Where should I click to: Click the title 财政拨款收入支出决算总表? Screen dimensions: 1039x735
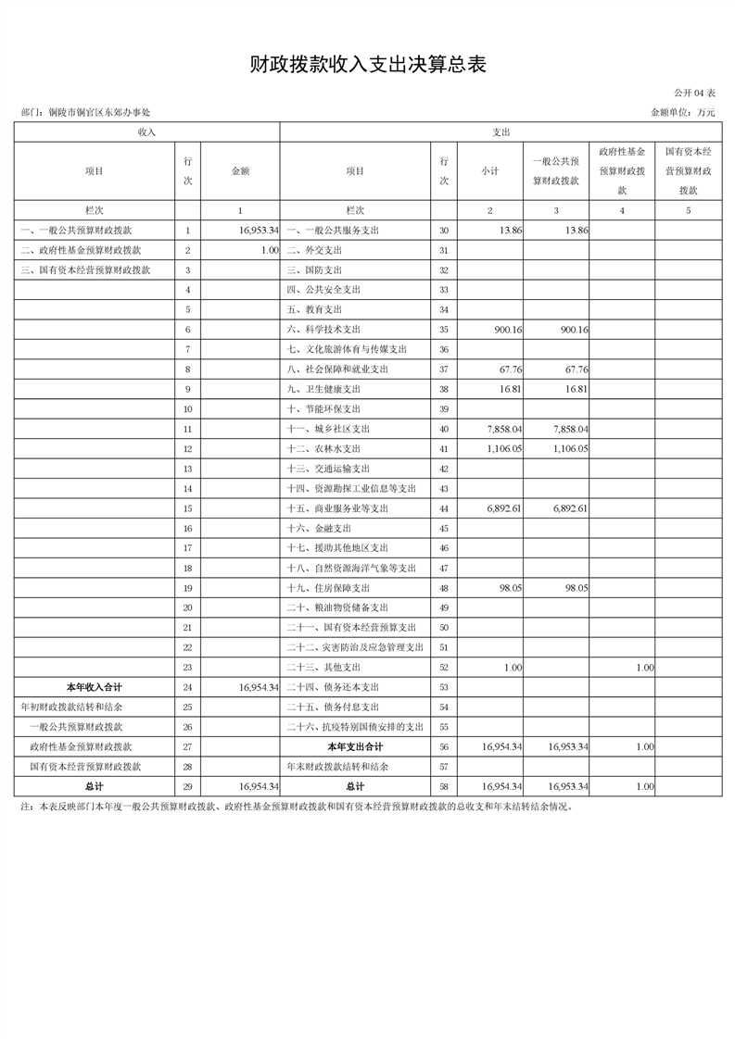tap(368, 64)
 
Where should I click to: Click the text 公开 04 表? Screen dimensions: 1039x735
tap(695, 94)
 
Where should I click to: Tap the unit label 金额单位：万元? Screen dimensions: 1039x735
tap(683, 112)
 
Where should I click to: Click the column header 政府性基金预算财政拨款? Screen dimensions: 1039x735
tap(622, 170)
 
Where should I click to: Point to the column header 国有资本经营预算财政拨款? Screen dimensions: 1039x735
tap(688, 170)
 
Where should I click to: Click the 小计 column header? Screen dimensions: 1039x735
tap(490, 170)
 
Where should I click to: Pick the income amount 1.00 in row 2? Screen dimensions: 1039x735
tap(270, 250)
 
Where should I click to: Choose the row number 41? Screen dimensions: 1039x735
tap(444, 449)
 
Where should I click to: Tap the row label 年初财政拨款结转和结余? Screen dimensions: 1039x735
tap(71, 707)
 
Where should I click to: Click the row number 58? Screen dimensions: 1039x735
tap(444, 786)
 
